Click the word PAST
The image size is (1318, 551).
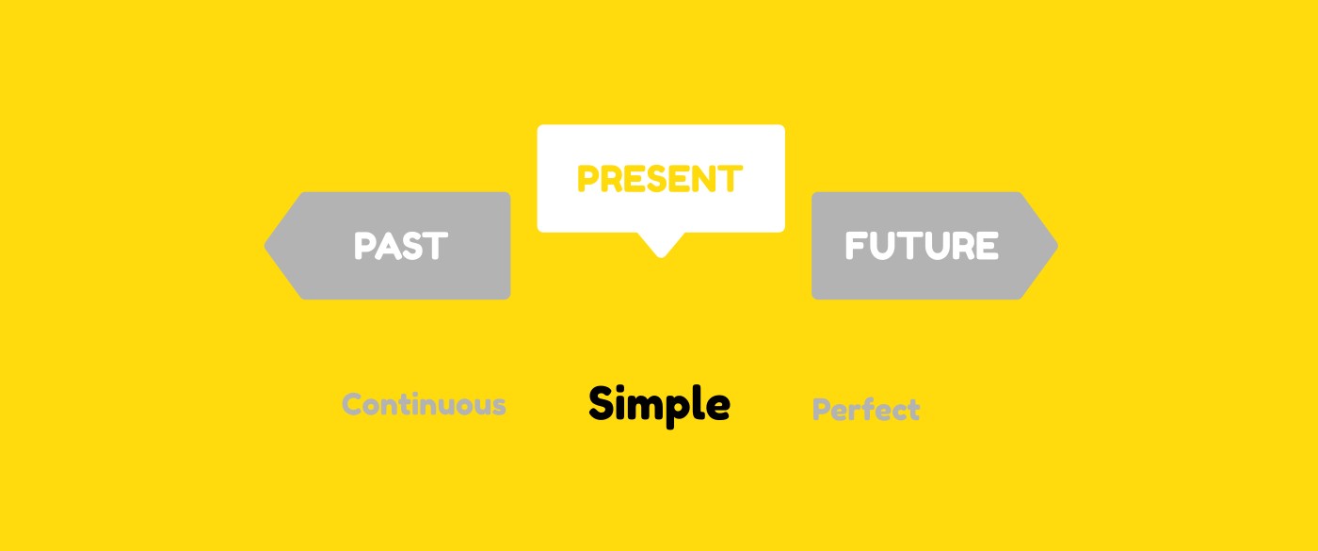[401, 246]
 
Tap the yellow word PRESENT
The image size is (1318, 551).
[660, 178]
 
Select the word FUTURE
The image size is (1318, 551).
[922, 246]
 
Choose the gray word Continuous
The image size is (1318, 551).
[424, 404]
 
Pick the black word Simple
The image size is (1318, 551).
[659, 406]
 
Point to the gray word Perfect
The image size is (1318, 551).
[865, 410]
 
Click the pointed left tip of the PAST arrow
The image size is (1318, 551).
[265, 246]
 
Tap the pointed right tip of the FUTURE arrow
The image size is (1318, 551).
[1058, 246]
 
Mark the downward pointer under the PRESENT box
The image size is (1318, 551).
[661, 244]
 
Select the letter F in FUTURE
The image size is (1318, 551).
[855, 246]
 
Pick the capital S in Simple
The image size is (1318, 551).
[601, 403]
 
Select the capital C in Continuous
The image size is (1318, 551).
[354, 404]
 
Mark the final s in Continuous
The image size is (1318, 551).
[498, 407]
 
